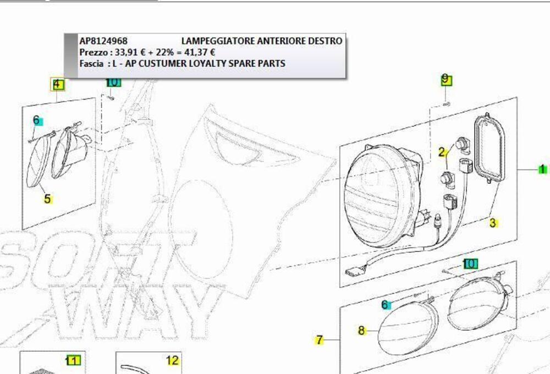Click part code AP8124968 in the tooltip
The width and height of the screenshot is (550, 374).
click(x=103, y=41)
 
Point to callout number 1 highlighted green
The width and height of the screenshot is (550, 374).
click(x=542, y=169)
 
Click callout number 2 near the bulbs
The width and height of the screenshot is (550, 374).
click(x=442, y=152)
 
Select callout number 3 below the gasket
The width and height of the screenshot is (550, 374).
click(x=493, y=223)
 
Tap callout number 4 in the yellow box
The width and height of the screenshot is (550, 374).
click(x=57, y=85)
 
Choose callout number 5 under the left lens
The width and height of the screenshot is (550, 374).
click(x=47, y=199)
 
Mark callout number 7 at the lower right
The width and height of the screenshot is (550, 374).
click(x=320, y=340)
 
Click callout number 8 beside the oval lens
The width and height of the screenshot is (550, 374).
click(x=361, y=331)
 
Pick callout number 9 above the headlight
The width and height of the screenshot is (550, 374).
click(x=446, y=80)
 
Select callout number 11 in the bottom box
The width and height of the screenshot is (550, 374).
click(x=73, y=360)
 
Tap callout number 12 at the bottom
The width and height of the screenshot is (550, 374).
click(x=173, y=361)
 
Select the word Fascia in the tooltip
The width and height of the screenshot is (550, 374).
click(x=91, y=63)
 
